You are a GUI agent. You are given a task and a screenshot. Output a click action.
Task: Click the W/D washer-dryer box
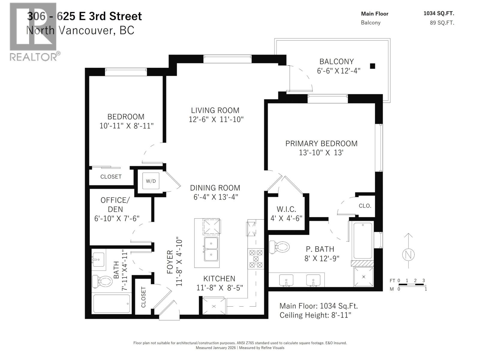coord(151,181)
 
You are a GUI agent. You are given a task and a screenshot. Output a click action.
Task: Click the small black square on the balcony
coord(372,66)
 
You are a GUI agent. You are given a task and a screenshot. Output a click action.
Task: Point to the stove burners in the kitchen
coord(256,259)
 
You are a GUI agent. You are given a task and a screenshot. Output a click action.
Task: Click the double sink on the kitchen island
coord(211,249)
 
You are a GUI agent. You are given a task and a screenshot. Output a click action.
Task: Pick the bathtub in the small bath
coord(111,304)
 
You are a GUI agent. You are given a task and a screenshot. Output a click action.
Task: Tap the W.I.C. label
coord(286,209)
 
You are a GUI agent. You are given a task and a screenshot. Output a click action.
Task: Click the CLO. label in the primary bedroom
coord(365,206)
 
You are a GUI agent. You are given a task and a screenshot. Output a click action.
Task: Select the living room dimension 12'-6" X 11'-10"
coord(216,119)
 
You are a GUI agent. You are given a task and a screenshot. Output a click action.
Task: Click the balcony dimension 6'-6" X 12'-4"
coord(338,71)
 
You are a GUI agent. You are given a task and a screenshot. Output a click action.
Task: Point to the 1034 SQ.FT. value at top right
coord(439,13)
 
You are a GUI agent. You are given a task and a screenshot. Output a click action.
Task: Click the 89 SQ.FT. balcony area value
coord(442,23)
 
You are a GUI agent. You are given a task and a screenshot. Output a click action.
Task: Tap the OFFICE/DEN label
coord(115,204)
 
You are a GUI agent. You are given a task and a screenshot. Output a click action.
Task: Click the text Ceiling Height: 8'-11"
coord(315,315)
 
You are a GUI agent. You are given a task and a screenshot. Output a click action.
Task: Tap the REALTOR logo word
coord(33,57)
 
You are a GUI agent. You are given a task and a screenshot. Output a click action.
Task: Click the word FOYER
coord(170,262)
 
